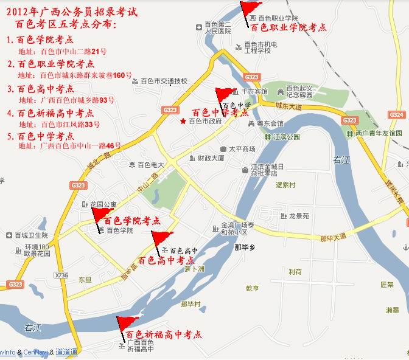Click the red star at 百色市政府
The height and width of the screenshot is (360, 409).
point(183,122)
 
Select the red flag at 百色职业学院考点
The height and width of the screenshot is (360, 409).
point(249,9)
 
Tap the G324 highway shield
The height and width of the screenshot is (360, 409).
point(396,115)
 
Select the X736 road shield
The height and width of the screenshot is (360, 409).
point(61,275)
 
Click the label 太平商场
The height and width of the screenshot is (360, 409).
point(242,148)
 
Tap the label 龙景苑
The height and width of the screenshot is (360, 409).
point(299,216)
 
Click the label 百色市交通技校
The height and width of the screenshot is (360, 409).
point(164,81)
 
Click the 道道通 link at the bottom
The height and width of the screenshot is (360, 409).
point(66,352)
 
